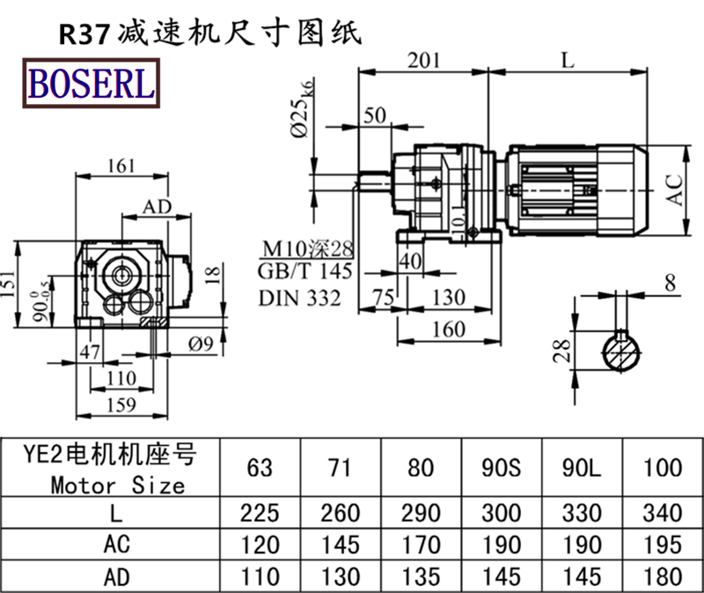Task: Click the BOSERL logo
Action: click(92, 83)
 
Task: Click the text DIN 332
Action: click(299, 299)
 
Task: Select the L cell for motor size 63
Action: click(260, 513)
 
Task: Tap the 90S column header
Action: click(502, 467)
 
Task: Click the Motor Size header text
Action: click(118, 485)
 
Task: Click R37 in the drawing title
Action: click(84, 33)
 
